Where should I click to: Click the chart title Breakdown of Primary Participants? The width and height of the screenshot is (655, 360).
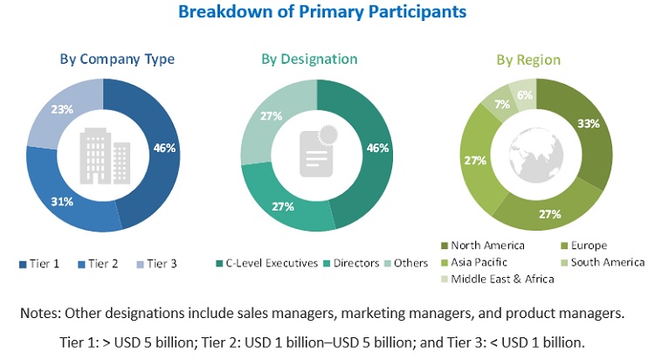pos(322,12)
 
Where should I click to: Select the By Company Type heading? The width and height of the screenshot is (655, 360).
pos(117,59)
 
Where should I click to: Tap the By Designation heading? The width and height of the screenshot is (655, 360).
pos(309,59)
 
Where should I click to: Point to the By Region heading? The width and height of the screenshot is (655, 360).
pos(528,60)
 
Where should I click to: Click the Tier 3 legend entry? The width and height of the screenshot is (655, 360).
pos(156,263)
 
